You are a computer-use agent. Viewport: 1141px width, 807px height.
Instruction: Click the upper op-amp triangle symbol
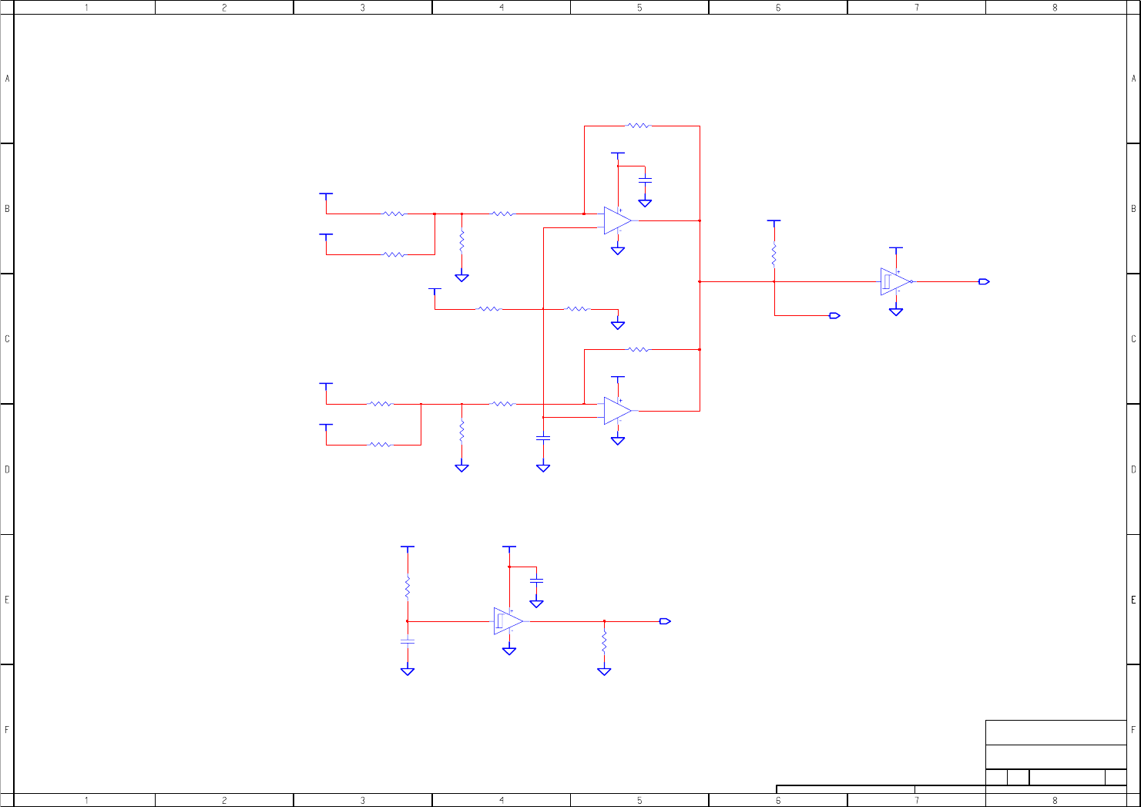[617, 220]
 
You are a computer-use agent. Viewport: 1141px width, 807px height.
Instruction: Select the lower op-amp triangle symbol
[617, 411]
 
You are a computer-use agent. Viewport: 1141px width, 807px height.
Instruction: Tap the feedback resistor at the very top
[639, 126]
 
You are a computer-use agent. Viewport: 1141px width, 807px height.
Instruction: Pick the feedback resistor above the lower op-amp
[639, 350]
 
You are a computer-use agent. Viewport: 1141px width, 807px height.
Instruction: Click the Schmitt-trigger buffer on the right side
[895, 281]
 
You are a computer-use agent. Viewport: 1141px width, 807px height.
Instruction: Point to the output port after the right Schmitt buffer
[984, 281]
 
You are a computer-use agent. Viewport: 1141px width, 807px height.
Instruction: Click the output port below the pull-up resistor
[834, 315]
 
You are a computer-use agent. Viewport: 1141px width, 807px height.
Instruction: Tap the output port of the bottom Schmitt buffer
[666, 621]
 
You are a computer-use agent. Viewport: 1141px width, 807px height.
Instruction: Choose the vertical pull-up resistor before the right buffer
[774, 254]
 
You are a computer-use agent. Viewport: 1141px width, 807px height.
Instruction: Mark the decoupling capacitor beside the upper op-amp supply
[646, 180]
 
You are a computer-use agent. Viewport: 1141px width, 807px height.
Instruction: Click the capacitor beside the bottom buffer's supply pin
[537, 580]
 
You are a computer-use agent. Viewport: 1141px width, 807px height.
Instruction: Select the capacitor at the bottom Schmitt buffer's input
[408, 641]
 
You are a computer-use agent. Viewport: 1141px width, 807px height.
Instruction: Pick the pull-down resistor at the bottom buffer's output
[604, 642]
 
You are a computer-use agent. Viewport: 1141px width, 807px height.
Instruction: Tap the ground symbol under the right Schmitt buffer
[895, 311]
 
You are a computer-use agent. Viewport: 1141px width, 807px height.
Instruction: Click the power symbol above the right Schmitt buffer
[895, 249]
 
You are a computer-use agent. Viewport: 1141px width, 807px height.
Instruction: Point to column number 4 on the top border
[502, 7]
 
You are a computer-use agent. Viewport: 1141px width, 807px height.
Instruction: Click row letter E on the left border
[7, 600]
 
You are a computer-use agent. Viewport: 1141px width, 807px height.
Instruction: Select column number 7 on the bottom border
[917, 800]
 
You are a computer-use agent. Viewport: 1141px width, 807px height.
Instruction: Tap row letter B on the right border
[1133, 209]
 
